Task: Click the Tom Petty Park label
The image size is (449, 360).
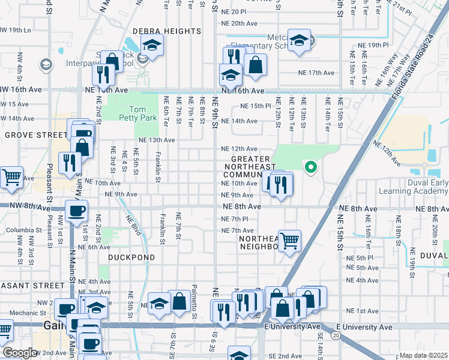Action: (142, 113)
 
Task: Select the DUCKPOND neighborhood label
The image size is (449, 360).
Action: (131, 257)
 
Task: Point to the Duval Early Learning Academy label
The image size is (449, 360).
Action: (414, 187)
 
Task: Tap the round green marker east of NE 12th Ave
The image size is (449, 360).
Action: (310, 167)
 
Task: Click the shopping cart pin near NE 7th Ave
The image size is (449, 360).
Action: (289, 240)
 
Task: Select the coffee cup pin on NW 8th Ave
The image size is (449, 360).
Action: (76, 211)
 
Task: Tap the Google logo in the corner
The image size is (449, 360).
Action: (19, 353)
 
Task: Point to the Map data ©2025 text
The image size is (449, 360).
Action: (423, 355)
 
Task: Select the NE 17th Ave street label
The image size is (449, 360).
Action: (316, 73)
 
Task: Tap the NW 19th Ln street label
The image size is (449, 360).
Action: (15, 29)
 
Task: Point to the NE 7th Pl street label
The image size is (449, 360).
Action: (234, 219)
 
